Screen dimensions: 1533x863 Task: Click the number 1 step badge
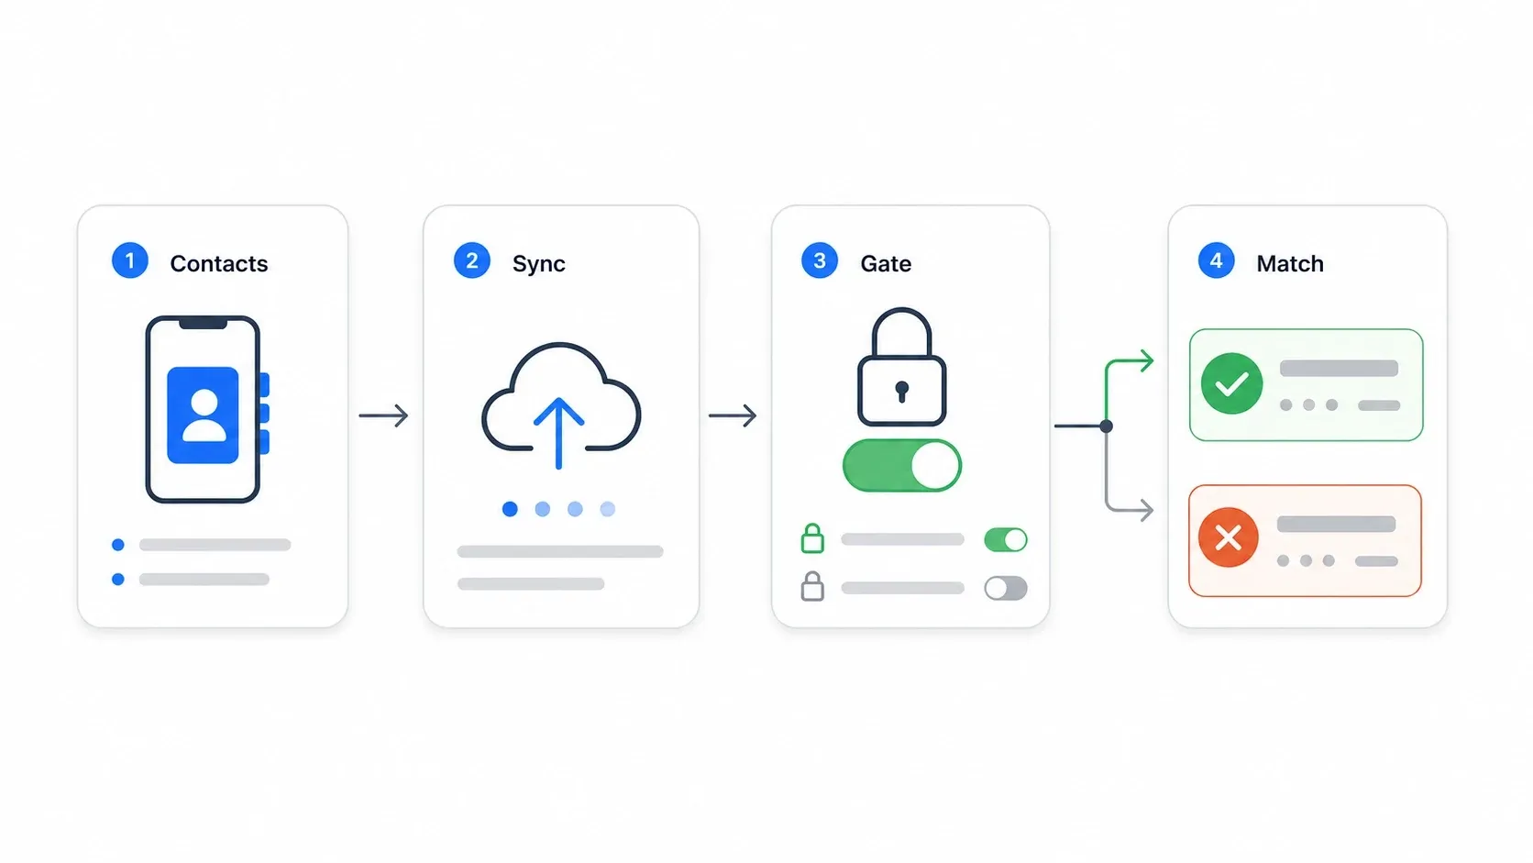(130, 260)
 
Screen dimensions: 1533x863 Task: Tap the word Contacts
(219, 263)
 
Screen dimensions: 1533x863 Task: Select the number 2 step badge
(471, 260)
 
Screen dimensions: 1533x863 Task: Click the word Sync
(538, 264)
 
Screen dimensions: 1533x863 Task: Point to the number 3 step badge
(819, 260)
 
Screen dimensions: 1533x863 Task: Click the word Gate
(886, 263)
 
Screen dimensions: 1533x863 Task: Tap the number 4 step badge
(1216, 260)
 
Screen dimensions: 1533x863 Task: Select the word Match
(1290, 263)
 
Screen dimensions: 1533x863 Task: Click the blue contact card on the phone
(204, 415)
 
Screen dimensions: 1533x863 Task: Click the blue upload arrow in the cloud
(558, 433)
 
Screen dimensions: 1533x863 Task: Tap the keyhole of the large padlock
(902, 392)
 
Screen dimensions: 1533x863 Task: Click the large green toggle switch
(902, 465)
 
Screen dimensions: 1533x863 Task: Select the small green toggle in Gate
(1006, 540)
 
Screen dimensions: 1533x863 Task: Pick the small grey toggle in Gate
(1006, 588)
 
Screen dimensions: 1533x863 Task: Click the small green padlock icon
(812, 538)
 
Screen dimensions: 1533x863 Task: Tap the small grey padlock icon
(812, 586)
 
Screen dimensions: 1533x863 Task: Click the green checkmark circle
(1232, 383)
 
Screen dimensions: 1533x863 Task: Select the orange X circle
(1229, 537)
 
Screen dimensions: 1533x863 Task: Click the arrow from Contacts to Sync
(384, 415)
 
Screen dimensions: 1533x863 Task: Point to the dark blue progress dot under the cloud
(510, 508)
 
